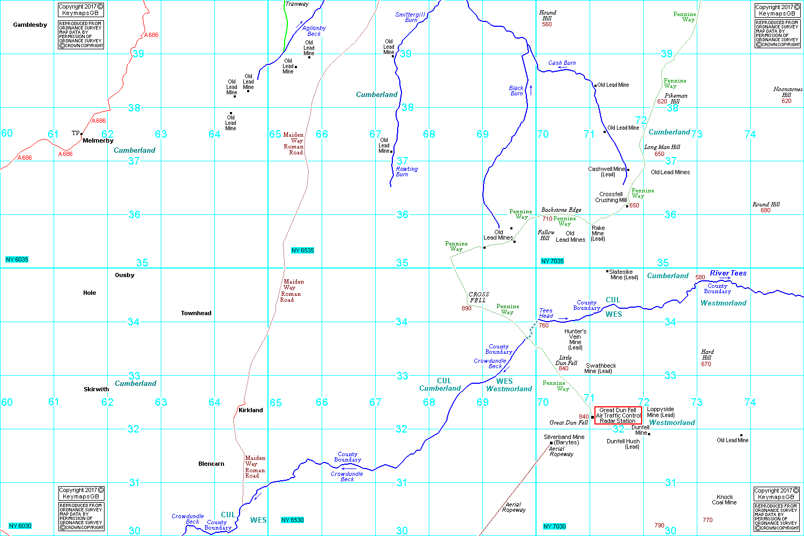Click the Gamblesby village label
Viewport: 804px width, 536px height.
tap(30, 25)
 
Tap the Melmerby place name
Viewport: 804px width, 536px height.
tap(98, 140)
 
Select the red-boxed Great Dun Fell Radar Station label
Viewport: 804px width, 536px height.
tap(618, 415)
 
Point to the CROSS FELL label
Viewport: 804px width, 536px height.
tap(479, 297)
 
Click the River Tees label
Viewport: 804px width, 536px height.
tap(728, 273)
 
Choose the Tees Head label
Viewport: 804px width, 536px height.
tap(546, 313)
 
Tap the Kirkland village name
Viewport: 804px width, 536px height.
tap(250, 410)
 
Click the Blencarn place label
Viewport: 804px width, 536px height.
tap(211, 464)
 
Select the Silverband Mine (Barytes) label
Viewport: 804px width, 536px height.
tap(564, 440)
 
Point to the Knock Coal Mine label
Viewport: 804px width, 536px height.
tap(725, 500)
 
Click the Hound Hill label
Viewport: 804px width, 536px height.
tap(547, 15)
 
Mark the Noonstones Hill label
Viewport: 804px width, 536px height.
tap(787, 92)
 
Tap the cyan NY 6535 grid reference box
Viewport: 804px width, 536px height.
tap(302, 250)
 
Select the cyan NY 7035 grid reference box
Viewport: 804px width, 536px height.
tap(552, 261)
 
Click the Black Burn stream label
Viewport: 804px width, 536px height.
tap(516, 91)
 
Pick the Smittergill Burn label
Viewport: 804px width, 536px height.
tap(410, 17)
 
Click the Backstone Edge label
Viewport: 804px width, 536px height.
tap(561, 210)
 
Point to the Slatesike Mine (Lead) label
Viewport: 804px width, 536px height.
tap(623, 274)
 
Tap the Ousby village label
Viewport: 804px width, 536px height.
tap(124, 275)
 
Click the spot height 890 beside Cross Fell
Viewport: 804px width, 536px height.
tap(466, 308)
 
